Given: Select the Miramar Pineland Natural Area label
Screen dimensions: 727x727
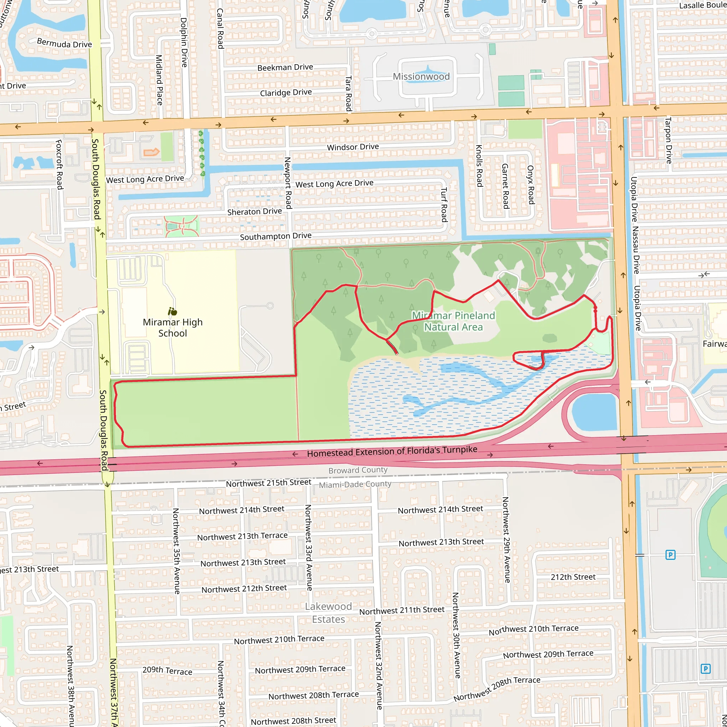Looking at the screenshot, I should (x=453, y=321).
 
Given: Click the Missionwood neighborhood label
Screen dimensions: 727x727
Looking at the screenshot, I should (x=421, y=76).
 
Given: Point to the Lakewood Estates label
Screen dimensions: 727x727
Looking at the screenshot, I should (x=328, y=613).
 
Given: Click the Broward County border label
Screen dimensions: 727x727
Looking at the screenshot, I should (x=357, y=470).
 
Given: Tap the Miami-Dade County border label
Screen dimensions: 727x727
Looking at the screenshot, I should (x=355, y=484).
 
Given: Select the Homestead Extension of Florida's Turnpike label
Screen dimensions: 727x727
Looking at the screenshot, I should (x=392, y=451).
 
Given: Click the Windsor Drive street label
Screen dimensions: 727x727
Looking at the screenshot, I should (x=352, y=147).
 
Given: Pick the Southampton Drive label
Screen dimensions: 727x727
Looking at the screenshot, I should (x=275, y=236).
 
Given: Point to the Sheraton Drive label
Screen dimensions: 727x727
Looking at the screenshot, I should (x=255, y=212).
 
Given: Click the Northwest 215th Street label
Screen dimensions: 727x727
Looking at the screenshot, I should (x=268, y=483).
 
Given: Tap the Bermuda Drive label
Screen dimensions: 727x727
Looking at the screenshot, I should (x=64, y=43).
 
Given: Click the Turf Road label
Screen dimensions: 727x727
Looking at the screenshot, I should (x=444, y=205).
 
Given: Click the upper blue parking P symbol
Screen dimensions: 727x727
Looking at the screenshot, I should (x=670, y=555).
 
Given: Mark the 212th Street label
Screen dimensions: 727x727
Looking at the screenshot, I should (x=573, y=577).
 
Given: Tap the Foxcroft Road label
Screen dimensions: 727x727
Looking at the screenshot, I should (x=59, y=164).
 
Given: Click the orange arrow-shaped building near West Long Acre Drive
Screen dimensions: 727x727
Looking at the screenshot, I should (x=151, y=152).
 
